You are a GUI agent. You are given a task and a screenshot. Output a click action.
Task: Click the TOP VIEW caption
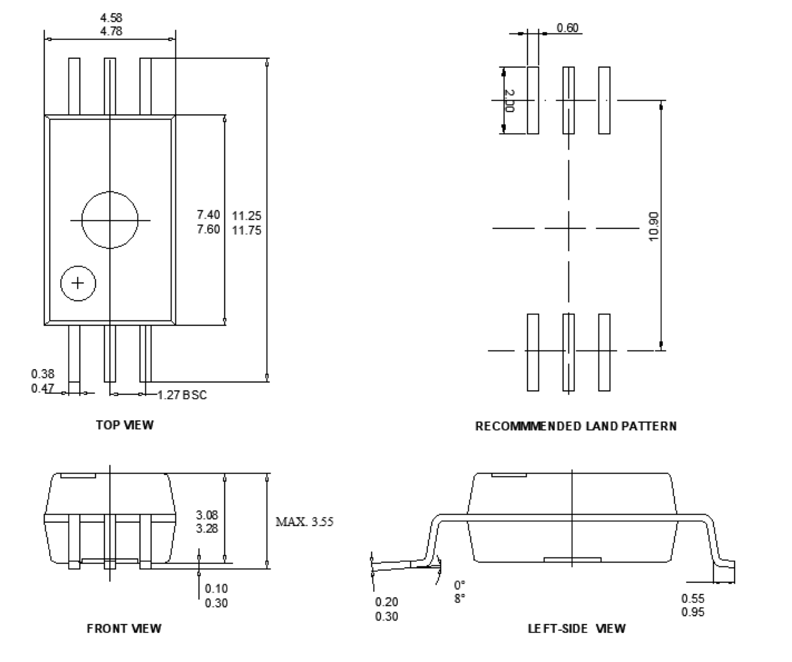pyautogui.click(x=125, y=425)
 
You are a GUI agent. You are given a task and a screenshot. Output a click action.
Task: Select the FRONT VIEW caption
pyautogui.click(x=124, y=629)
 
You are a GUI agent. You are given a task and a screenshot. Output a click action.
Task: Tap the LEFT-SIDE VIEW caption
pyautogui.click(x=576, y=629)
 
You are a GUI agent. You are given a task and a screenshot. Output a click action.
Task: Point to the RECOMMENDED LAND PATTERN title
pyautogui.click(x=576, y=426)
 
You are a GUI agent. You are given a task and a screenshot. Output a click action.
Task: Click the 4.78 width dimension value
pyautogui.click(x=111, y=31)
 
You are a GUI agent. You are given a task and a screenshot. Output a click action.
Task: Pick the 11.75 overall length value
pyautogui.click(x=246, y=231)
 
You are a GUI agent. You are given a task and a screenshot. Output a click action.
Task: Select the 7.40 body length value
pyautogui.click(x=208, y=215)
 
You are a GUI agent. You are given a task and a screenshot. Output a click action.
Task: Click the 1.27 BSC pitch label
pyautogui.click(x=182, y=395)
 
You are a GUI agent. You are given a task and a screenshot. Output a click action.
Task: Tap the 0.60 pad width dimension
pyautogui.click(x=567, y=28)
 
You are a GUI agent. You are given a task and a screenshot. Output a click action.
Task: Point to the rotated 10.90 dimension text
pyautogui.click(x=654, y=226)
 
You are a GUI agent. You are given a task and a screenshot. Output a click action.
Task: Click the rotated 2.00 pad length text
pyautogui.click(x=510, y=101)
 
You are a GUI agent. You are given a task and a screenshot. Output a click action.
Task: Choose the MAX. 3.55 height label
pyautogui.click(x=305, y=522)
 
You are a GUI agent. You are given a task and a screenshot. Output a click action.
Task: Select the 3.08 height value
pyautogui.click(x=207, y=515)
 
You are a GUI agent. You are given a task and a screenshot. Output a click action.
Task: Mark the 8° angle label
pyautogui.click(x=460, y=599)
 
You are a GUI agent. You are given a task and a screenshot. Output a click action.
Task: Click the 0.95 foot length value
pyautogui.click(x=693, y=612)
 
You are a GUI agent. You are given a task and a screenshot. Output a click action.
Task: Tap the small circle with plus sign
pyautogui.click(x=78, y=283)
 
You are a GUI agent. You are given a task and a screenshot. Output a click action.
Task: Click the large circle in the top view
pyautogui.click(x=110, y=220)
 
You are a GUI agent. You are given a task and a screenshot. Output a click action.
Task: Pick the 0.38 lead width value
pyautogui.click(x=43, y=374)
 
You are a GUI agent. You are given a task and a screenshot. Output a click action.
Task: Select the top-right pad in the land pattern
pyautogui.click(x=604, y=100)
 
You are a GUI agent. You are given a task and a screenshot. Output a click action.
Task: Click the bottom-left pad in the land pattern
pyautogui.click(x=533, y=352)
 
